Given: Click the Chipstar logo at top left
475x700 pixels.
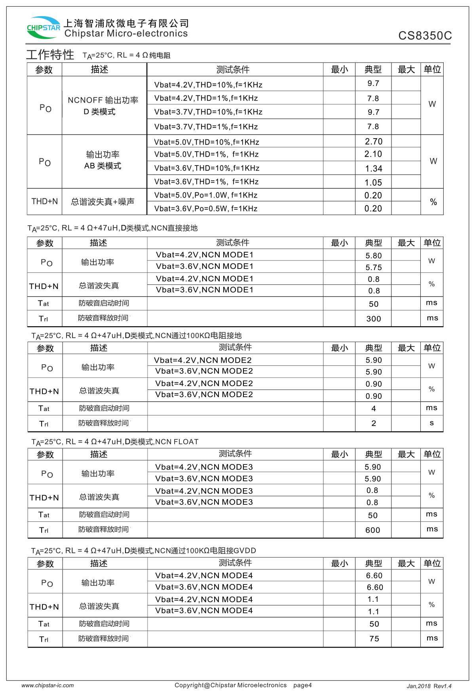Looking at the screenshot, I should [43, 27].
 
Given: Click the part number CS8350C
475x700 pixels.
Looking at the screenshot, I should [425, 36].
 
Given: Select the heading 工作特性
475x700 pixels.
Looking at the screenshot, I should [50, 55].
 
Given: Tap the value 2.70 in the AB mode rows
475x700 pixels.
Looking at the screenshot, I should [373, 141].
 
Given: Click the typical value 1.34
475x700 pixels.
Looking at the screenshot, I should [373, 169].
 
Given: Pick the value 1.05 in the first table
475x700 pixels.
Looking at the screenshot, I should [373, 183].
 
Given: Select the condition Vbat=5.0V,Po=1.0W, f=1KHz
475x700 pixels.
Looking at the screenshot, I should [206, 195].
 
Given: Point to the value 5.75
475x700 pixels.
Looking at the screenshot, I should [373, 267].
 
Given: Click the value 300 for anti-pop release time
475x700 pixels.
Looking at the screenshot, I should [373, 319].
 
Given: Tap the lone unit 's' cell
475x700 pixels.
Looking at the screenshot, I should [431, 423].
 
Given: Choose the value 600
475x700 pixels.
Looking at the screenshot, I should [372, 530].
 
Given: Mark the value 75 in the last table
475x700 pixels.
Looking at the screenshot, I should [374, 639].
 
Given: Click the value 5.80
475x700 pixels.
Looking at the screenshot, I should [373, 256].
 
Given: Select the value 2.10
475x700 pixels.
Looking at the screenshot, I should [373, 154].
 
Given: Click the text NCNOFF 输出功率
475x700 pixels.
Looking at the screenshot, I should [103, 100].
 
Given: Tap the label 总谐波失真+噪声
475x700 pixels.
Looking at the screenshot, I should [103, 202].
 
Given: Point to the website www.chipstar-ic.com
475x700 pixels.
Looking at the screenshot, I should [47, 685].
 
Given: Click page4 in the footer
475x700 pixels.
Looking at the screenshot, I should [302, 685].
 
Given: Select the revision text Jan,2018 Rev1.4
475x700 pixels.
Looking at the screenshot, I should [429, 686].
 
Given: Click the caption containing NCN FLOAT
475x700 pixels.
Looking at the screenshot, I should [115, 442].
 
